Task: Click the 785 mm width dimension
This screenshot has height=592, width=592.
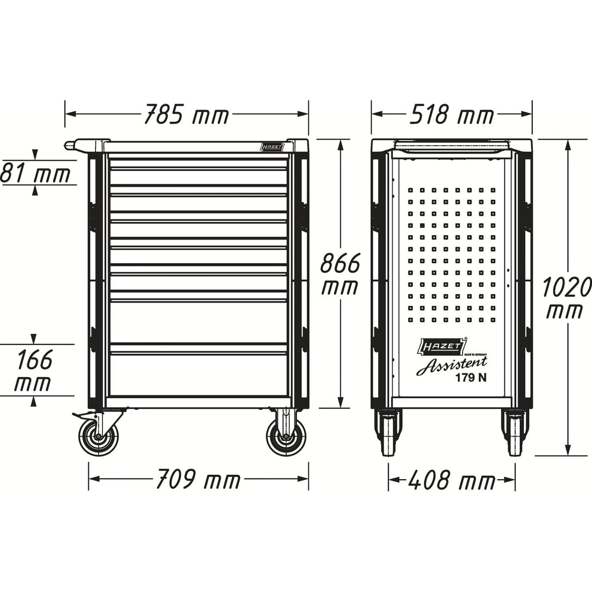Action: (x=186, y=115)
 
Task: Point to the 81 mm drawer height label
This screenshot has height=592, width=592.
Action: (x=36, y=174)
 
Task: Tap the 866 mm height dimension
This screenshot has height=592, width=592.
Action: (x=340, y=274)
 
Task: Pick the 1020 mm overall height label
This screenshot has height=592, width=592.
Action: (x=567, y=298)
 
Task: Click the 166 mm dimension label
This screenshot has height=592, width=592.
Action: (x=33, y=371)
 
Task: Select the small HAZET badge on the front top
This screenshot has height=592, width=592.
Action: (x=271, y=147)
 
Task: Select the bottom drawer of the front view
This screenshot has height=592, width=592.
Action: (x=198, y=373)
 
